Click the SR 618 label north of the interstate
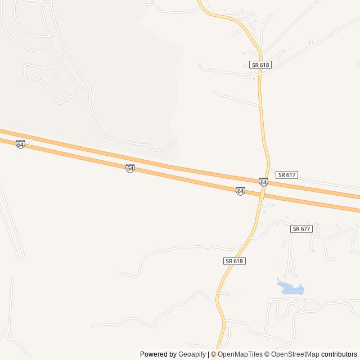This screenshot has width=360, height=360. tap(261, 65)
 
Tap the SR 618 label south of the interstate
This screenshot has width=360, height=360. tap(235, 261)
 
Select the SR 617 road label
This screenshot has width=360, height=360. tap(286, 175)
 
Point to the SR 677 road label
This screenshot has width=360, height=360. tap(301, 229)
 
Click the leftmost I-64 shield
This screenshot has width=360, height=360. tap(20, 145)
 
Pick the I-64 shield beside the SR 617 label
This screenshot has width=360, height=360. tap(263, 182)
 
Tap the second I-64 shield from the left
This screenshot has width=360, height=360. tap(130, 168)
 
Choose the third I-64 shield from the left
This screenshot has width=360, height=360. tap(240, 191)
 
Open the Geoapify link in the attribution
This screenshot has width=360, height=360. tap(192, 354)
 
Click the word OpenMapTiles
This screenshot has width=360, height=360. tap(240, 354)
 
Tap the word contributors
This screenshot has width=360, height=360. tap(339, 354)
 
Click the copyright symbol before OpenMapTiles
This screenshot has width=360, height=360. tap(214, 354)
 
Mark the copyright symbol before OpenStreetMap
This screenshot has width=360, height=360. tap(268, 354)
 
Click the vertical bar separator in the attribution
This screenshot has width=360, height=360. tap(208, 354)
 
